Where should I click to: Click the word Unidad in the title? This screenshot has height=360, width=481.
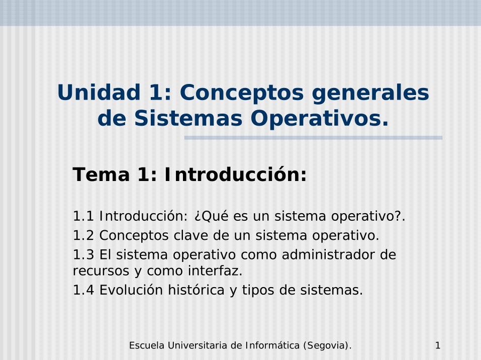(99, 93)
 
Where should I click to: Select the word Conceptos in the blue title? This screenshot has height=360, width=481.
(242, 93)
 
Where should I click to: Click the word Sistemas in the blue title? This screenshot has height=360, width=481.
(188, 119)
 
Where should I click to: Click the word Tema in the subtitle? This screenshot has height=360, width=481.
(101, 174)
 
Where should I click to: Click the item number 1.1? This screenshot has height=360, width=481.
(83, 216)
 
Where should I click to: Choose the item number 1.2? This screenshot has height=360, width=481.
(83, 235)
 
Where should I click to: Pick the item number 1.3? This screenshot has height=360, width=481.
(83, 255)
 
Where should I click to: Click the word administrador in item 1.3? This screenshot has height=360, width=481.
(328, 255)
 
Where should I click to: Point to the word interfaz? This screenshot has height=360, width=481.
(215, 271)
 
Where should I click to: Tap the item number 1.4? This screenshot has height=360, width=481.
(83, 290)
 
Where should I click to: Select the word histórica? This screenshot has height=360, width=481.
(196, 290)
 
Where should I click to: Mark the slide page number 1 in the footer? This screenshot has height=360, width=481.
(438, 345)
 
